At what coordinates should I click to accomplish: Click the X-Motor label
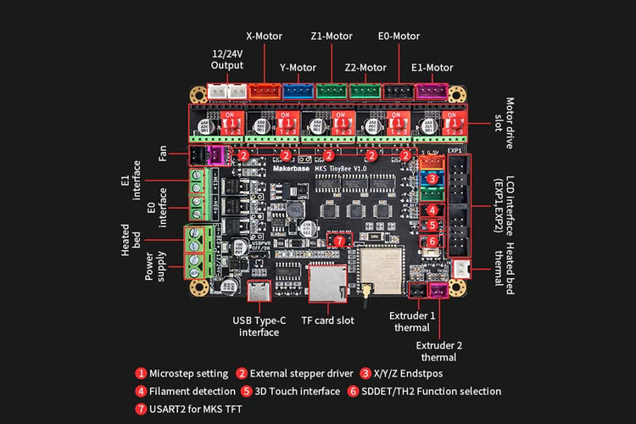click(x=264, y=36)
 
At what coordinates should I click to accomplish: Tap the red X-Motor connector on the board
click(x=265, y=90)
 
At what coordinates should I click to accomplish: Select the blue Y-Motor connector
click(x=297, y=90)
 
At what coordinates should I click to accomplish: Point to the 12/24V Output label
click(x=227, y=59)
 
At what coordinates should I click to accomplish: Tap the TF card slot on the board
click(x=326, y=282)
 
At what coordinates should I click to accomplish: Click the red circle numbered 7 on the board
click(x=340, y=242)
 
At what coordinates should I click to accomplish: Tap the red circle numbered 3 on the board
click(x=432, y=179)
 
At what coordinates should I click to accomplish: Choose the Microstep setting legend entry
click(x=181, y=373)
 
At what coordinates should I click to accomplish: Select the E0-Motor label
click(x=399, y=36)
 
